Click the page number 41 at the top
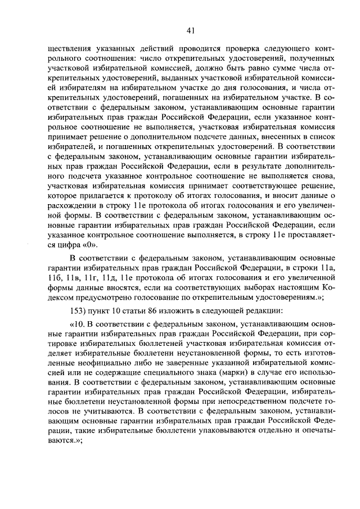[191, 30]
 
